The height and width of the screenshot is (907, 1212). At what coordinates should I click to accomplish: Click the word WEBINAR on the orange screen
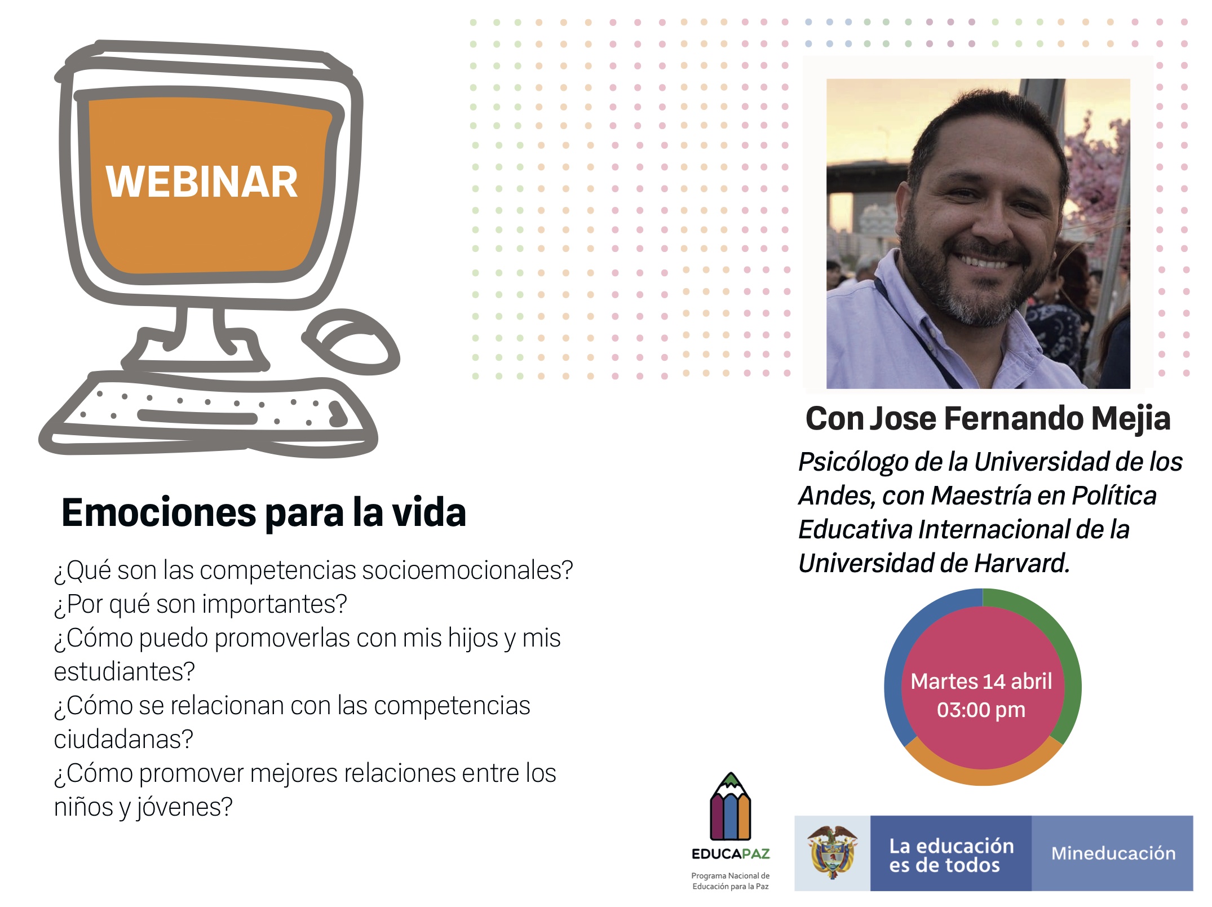[x=201, y=182]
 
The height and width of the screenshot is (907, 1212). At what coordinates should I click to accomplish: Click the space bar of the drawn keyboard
[x=197, y=417]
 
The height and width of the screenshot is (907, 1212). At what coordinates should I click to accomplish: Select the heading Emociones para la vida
[x=264, y=512]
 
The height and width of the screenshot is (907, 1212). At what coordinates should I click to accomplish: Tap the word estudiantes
[x=124, y=671]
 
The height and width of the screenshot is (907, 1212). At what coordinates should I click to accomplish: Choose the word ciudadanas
[x=123, y=739]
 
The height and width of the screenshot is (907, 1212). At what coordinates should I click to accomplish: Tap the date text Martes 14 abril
[x=981, y=681]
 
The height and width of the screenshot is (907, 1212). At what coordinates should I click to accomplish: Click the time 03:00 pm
[x=981, y=710]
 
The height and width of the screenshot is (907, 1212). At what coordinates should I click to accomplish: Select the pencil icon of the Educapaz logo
[x=731, y=807]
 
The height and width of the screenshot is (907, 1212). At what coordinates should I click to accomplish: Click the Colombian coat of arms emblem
[x=832, y=852]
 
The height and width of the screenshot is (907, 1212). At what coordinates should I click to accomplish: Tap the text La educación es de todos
[x=952, y=855]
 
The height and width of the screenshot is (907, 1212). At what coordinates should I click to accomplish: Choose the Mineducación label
[x=1113, y=853]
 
